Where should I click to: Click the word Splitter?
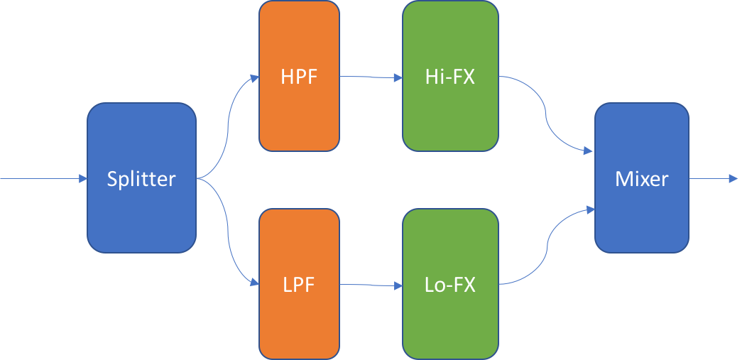[141, 179]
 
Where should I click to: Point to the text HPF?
[299, 77]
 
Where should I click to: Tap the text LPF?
[299, 285]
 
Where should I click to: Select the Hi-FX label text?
[450, 77]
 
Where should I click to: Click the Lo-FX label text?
[450, 285]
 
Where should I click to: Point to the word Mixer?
[642, 179]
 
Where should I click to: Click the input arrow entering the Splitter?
[43, 179]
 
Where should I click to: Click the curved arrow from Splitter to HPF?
[228, 128]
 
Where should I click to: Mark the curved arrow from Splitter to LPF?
[228, 231]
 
